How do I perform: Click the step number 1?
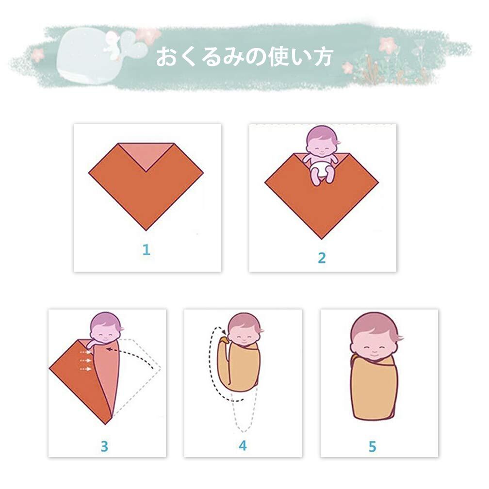(147, 250)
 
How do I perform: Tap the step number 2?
(322, 258)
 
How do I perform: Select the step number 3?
(104, 446)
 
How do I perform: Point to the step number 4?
(243, 446)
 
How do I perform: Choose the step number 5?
(373, 447)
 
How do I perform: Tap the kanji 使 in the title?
(278, 57)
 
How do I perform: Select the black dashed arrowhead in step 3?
(109, 349)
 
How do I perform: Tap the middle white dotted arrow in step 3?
(85, 360)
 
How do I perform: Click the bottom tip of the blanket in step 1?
(146, 230)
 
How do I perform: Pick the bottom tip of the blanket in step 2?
(322, 239)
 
